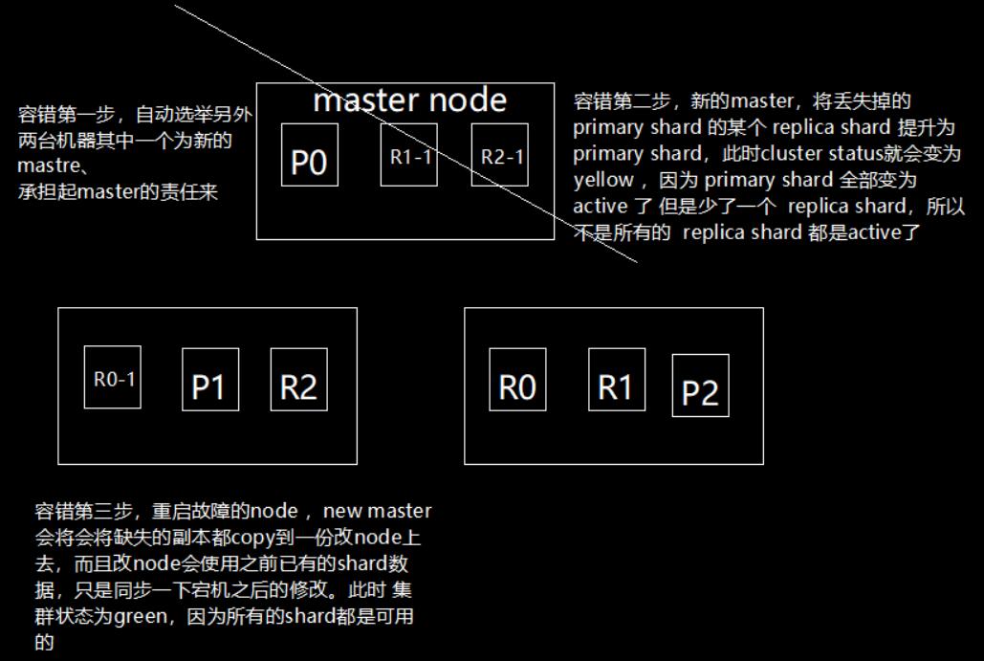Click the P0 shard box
[309, 155]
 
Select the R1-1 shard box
[409, 155]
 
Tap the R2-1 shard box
[500, 155]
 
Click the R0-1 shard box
[112, 377]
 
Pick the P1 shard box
[210, 380]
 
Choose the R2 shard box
[298, 380]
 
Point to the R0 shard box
[517, 380]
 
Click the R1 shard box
[616, 380]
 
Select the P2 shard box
[700, 386]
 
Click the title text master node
[409, 99]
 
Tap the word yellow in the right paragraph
[603, 180]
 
